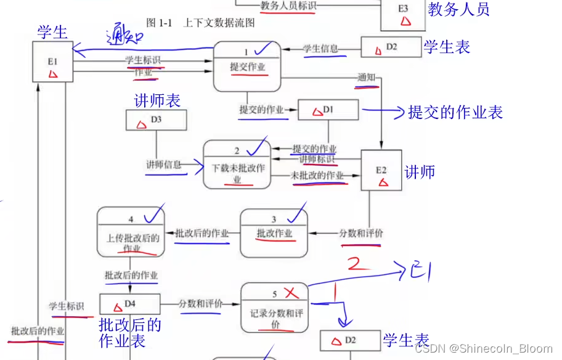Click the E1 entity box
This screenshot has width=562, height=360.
[x=52, y=62]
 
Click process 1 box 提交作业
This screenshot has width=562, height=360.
[x=247, y=67]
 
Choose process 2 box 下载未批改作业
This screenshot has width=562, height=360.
[x=237, y=165]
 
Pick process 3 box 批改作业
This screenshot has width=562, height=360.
[x=274, y=232]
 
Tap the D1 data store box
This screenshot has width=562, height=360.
[x=328, y=110]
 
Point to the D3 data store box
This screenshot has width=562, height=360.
[x=156, y=120]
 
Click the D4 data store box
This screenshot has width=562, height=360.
[x=129, y=303]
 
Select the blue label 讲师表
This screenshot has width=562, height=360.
[x=157, y=100]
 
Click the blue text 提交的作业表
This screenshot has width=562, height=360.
[x=455, y=112]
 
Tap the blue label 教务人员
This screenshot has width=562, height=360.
[x=458, y=9]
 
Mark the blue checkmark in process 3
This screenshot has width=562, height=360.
[x=296, y=215]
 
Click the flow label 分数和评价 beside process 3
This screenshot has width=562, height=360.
[x=360, y=234]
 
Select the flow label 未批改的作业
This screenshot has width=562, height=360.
[x=317, y=176]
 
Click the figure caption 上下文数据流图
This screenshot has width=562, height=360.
[x=219, y=23]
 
